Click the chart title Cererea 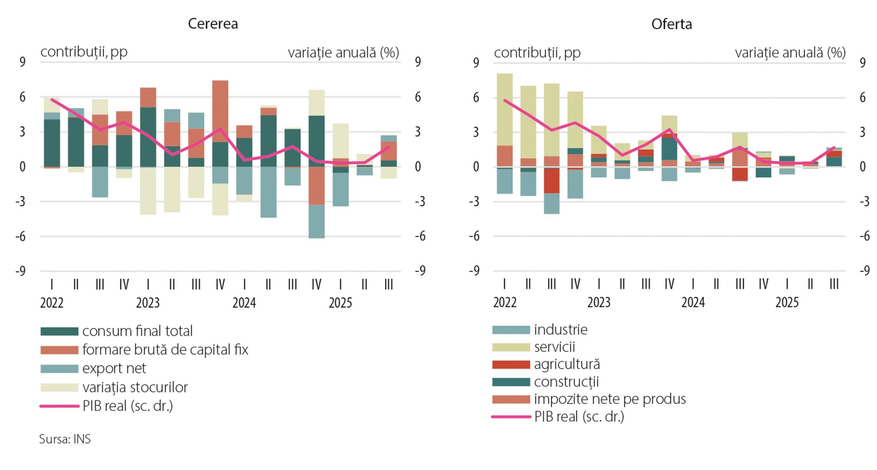[x=213, y=24]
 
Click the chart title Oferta [x=671, y=24]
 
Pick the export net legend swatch [x=59, y=368]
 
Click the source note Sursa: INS [x=65, y=439]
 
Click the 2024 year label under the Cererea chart [x=244, y=303]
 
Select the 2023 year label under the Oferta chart [x=599, y=302]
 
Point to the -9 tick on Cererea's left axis [x=21, y=271]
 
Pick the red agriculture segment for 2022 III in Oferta [x=552, y=181]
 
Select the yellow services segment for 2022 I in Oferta [x=505, y=109]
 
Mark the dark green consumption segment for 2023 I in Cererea [x=148, y=137]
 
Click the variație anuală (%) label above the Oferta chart [x=790, y=53]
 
